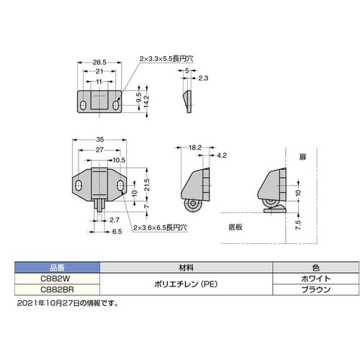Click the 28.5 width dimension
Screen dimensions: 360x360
(99, 63)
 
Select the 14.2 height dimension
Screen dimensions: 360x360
(146, 102)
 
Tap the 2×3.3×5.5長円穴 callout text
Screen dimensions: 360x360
(166, 58)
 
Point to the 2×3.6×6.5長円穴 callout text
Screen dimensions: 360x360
(160, 228)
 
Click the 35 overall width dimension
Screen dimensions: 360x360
(100, 140)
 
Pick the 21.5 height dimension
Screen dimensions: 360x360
(147, 185)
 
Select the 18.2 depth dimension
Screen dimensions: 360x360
(195, 148)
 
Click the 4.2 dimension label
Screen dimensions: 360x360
(222, 156)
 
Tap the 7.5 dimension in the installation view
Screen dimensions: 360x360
(298, 225)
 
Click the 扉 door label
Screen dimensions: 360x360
(302, 157)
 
